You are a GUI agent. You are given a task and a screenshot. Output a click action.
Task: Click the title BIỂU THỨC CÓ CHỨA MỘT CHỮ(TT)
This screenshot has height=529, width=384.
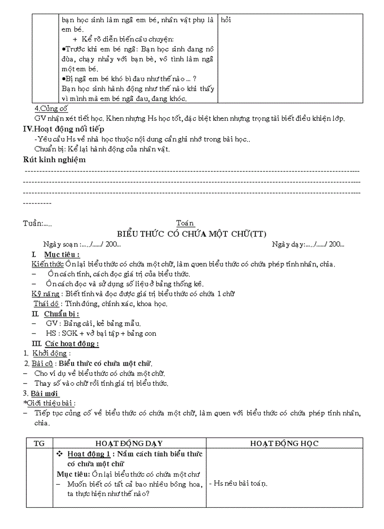pyautogui.click(x=192, y=234)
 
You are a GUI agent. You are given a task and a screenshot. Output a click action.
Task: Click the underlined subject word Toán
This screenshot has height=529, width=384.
pyautogui.click(x=185, y=223)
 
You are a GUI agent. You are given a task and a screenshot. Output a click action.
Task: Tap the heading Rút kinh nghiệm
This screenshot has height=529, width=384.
pyautogui.click(x=55, y=160)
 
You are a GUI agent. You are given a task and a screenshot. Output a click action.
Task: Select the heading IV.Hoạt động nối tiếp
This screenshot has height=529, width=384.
pyautogui.click(x=64, y=129)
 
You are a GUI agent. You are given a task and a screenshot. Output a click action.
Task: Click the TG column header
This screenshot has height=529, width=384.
pyautogui.click(x=39, y=443)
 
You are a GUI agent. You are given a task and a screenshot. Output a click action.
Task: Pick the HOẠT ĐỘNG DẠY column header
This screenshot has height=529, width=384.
pyautogui.click(x=129, y=443)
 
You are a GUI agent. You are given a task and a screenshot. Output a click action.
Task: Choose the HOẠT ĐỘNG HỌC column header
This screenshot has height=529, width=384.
pyautogui.click(x=284, y=443)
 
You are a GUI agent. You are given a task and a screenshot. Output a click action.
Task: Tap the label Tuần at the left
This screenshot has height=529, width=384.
pyautogui.click(x=32, y=224)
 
